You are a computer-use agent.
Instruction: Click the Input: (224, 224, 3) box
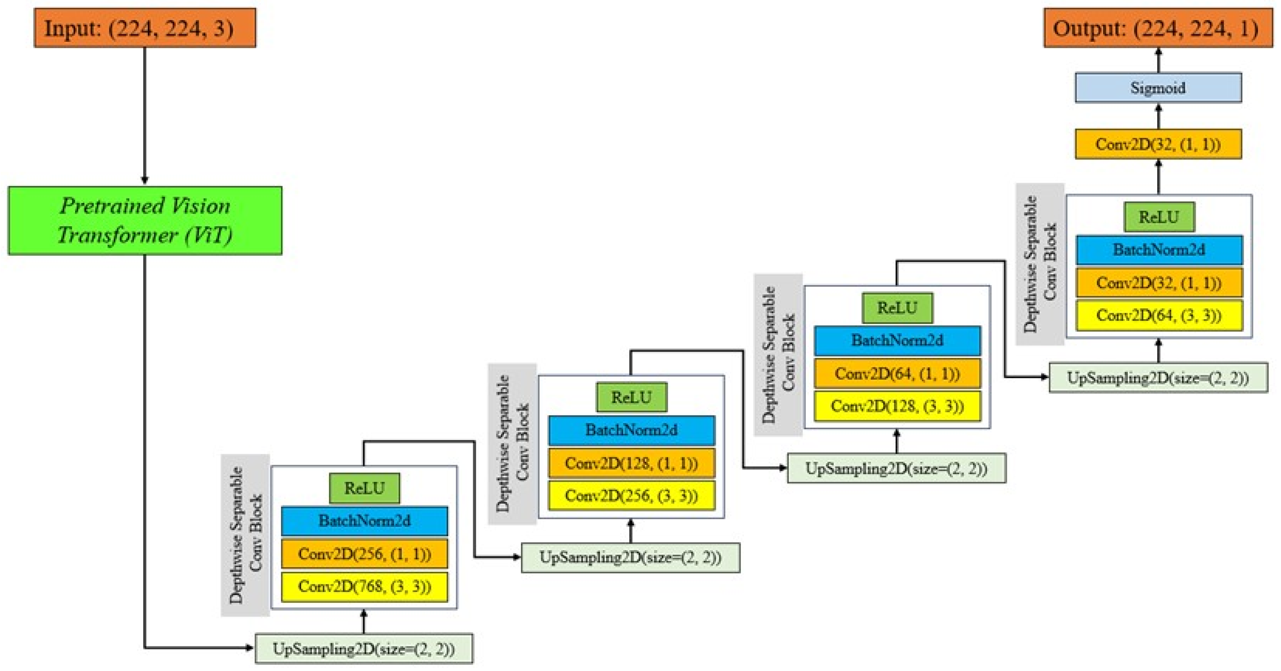click(145, 28)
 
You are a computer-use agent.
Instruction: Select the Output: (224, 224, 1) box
click(1158, 28)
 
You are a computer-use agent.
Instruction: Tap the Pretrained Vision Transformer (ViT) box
click(145, 221)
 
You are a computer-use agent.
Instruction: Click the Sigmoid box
click(1158, 88)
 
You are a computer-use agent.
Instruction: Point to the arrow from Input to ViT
click(145, 114)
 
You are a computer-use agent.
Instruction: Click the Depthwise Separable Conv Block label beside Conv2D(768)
click(245, 535)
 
